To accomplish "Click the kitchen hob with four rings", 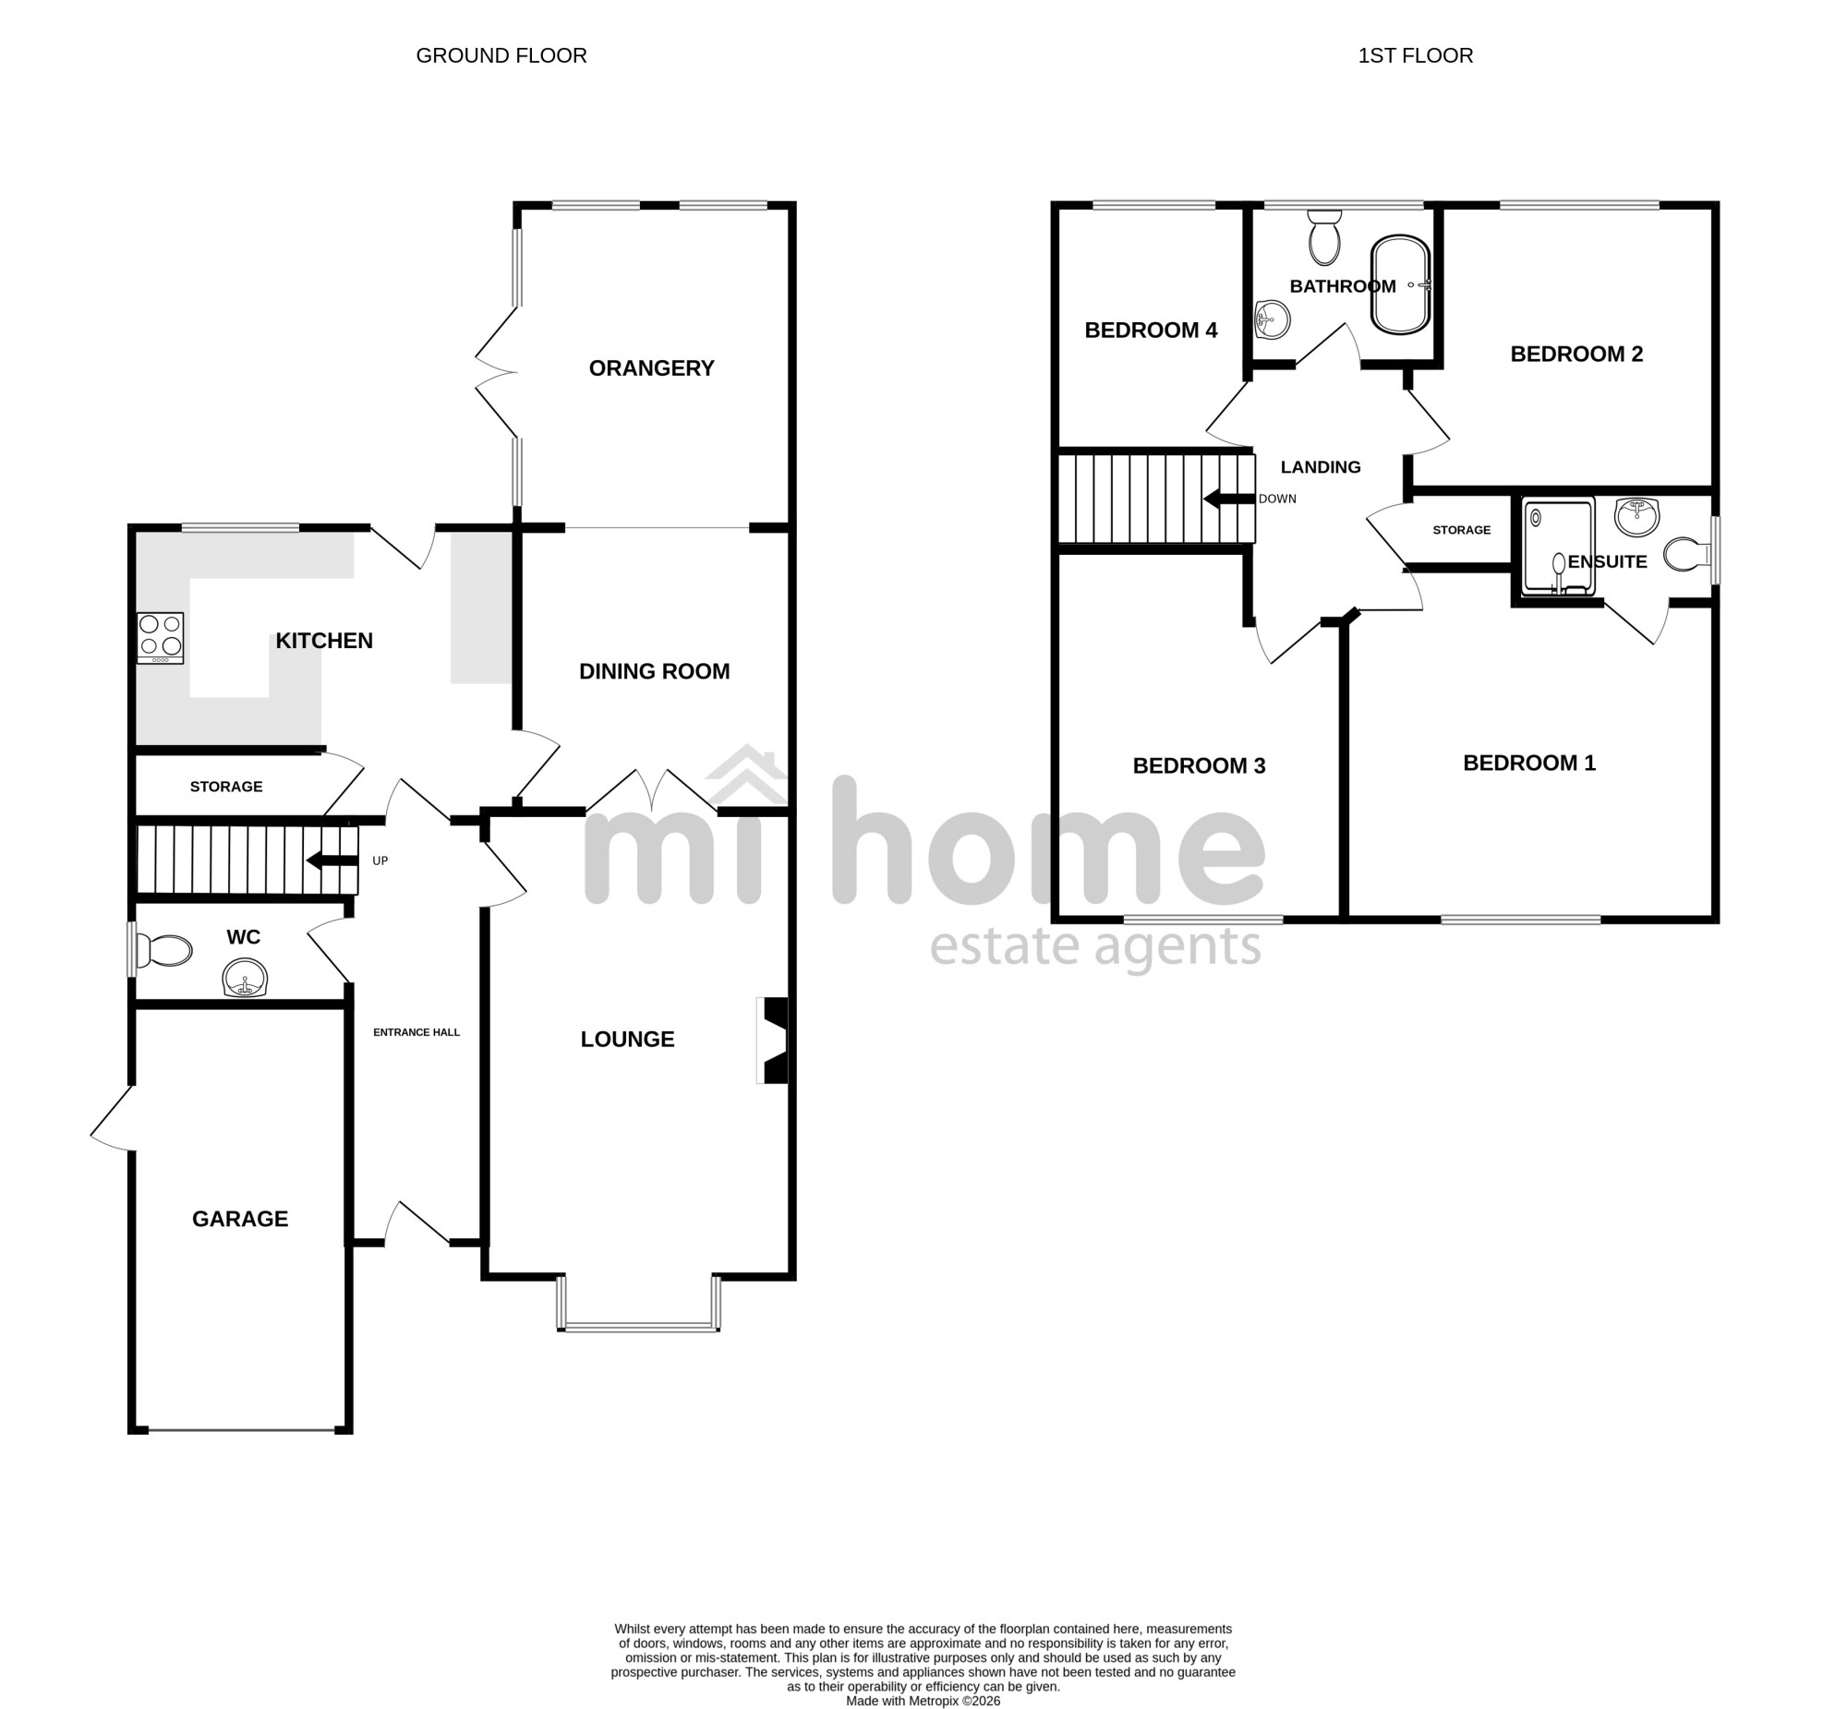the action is click(x=160, y=637).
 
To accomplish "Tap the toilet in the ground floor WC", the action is click(x=163, y=950).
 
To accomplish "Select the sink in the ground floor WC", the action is click(x=245, y=979).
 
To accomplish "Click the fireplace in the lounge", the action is click(x=771, y=1040).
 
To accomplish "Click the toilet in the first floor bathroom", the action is click(x=1324, y=237).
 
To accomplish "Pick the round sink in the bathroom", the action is click(x=1273, y=320).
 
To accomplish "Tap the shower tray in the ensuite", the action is click(x=1559, y=547).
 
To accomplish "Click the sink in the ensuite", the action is click(x=1637, y=516).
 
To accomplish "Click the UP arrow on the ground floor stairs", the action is click(x=332, y=861).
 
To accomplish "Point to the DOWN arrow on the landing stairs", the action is click(x=1228, y=499).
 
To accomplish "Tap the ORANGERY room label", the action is click(x=651, y=368).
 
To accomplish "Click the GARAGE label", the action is click(x=240, y=1219).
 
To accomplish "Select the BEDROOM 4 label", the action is click(x=1151, y=331).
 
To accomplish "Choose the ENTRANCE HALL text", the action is click(x=416, y=1032).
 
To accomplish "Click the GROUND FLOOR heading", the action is click(x=501, y=55).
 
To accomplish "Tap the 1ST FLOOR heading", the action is click(x=1415, y=55).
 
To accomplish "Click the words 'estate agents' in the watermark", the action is click(x=1095, y=946).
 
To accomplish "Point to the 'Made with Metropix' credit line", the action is click(x=923, y=1701).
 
